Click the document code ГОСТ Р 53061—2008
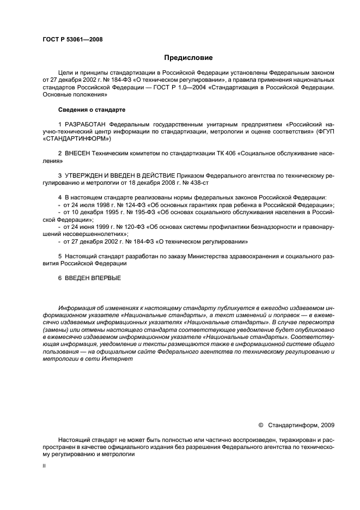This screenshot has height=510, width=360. [x=72, y=39]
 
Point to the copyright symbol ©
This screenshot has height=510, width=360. [x=260, y=424]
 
